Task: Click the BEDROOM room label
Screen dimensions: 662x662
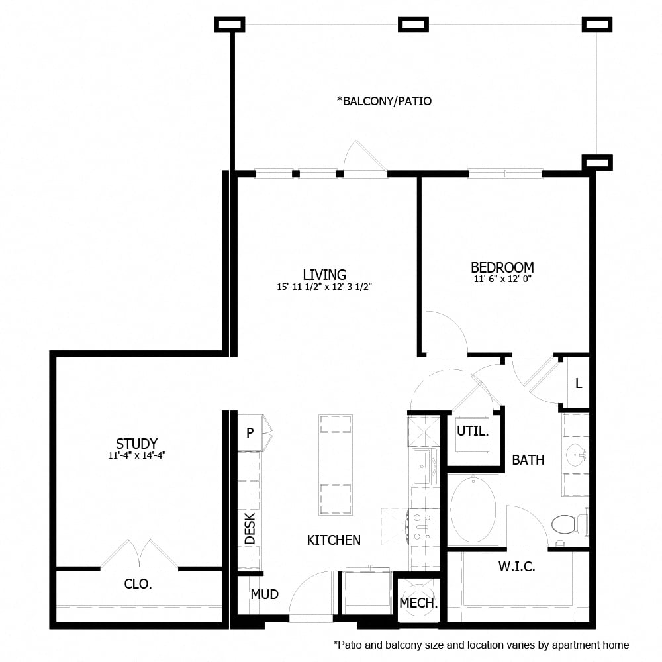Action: point(502,267)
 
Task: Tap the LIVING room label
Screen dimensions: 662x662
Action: point(324,274)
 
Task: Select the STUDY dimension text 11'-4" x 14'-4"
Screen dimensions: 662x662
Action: point(136,455)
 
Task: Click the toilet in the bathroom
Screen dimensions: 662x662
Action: point(566,524)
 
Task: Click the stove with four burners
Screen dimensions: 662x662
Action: point(424,526)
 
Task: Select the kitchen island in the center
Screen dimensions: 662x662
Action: point(335,465)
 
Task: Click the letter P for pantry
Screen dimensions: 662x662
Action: point(250,433)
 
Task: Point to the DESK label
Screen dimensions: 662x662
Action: point(250,529)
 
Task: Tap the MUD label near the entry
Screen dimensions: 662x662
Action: point(264,594)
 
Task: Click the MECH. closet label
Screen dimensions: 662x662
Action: point(418,603)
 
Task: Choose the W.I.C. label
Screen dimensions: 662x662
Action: point(516,567)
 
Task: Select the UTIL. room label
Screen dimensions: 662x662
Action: point(473,432)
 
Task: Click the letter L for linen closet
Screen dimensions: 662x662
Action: point(578,383)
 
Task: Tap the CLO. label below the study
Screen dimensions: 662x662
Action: point(138,584)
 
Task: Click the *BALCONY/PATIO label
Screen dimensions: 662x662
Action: point(384,101)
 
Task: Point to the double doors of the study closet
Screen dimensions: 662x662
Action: point(139,555)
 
